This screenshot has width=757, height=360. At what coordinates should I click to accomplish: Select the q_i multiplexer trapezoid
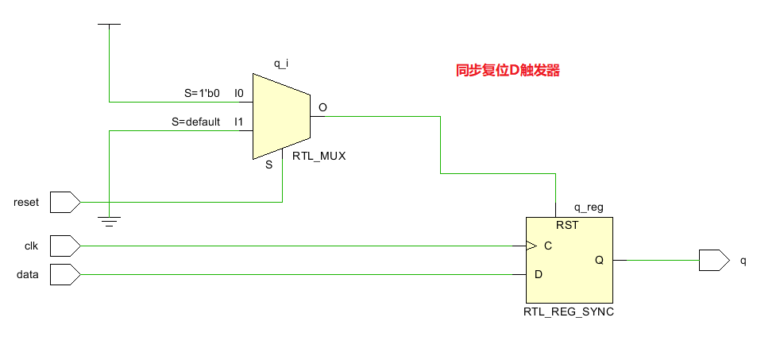click(x=280, y=116)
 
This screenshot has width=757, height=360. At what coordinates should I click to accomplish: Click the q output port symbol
click(x=713, y=260)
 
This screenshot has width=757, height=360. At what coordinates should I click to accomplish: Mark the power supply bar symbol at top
click(x=109, y=25)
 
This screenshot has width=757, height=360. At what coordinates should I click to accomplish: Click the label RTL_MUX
click(x=319, y=157)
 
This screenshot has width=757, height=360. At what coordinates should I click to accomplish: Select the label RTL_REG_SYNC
click(x=568, y=312)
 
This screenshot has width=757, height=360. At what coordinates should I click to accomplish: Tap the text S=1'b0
click(x=202, y=93)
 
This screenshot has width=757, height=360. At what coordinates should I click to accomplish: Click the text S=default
click(x=195, y=122)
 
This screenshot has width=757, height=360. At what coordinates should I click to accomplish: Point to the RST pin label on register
click(x=566, y=225)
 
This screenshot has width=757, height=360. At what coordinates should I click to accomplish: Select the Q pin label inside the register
click(x=599, y=260)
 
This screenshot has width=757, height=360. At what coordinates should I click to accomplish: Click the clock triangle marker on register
click(x=529, y=246)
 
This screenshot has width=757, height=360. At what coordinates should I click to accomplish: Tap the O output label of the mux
click(x=322, y=107)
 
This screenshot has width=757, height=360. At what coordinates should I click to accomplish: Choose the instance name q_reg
click(x=588, y=207)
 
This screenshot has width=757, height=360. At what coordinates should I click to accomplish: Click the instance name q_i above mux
click(x=280, y=63)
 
